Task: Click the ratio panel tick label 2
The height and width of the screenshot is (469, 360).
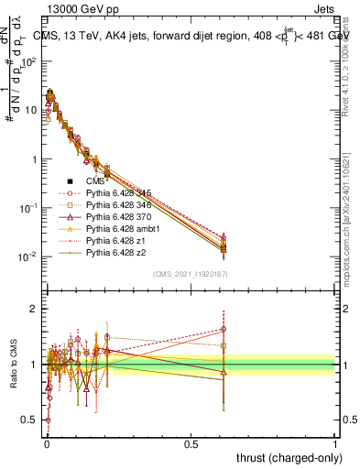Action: (x=33, y=309)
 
